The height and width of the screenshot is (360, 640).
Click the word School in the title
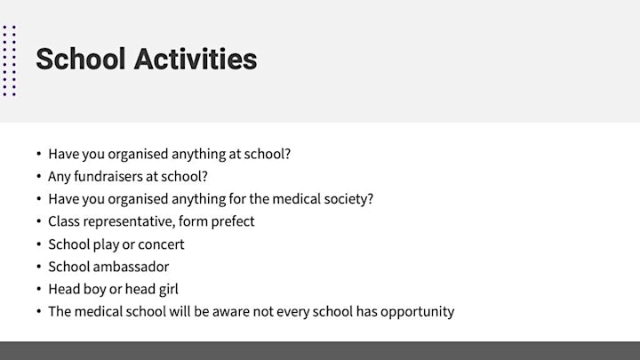click(x=80, y=59)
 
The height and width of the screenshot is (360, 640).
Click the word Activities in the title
click(x=196, y=59)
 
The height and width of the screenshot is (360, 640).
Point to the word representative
click(x=112, y=221)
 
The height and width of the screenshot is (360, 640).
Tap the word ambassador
click(x=132, y=267)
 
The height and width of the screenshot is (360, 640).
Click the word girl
click(x=169, y=290)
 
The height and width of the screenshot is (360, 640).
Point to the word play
click(x=105, y=244)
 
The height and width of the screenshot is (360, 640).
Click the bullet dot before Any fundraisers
click(x=39, y=176)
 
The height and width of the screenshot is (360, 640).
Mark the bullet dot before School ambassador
click(x=39, y=267)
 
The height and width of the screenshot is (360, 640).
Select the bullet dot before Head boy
click(x=39, y=289)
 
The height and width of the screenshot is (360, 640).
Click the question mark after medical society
click(x=371, y=199)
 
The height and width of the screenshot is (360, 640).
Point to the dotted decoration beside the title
click(x=10, y=60)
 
